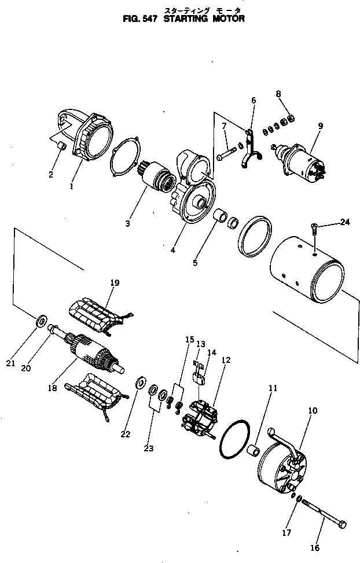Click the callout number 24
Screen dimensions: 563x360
(x=346, y=221)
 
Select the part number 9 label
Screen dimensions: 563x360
(x=321, y=126)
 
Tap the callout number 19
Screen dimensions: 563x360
(x=115, y=283)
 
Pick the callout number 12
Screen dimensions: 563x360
(x=226, y=360)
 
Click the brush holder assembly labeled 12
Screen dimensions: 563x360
(x=200, y=420)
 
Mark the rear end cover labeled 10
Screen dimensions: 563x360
(x=284, y=471)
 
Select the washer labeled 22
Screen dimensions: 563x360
(x=140, y=382)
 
